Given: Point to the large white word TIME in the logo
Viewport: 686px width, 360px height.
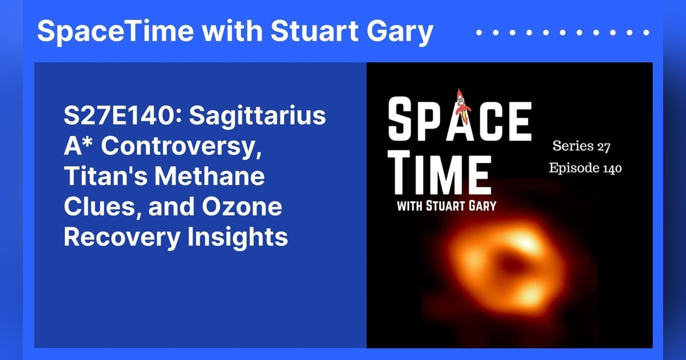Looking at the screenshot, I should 439,172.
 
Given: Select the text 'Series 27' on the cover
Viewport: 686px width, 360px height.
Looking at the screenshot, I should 581,146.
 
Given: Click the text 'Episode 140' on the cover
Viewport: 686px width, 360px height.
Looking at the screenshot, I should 585,169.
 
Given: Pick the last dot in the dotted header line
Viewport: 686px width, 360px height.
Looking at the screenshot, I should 648,33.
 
